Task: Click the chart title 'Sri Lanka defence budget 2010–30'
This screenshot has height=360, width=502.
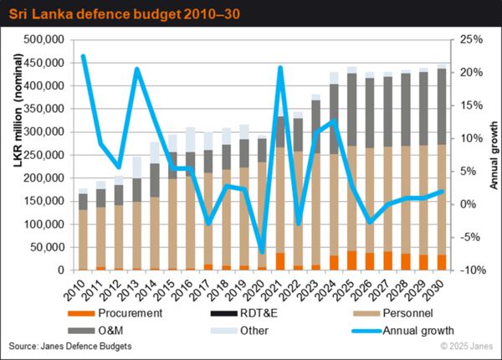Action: pos(124,14)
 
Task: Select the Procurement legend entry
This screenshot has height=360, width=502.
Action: pos(115,313)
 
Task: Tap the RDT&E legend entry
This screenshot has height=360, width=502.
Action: pos(244,313)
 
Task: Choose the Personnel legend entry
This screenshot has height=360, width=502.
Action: pos(393,313)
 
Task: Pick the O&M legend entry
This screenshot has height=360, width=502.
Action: pos(95,331)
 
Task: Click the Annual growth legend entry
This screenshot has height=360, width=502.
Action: pos(402,331)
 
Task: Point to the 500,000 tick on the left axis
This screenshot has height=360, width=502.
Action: pos(44,39)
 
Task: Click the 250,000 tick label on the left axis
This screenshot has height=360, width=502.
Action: pos(44,155)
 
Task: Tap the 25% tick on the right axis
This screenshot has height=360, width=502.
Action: pos(471,39)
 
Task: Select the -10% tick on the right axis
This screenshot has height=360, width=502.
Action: pos(473,270)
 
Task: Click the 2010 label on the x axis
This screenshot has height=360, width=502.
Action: pos(75,291)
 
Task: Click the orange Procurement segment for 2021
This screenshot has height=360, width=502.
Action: pos(280,261)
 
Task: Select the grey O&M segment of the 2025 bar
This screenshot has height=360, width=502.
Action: pos(352,110)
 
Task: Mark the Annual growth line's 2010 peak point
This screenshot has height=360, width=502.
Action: pos(83,57)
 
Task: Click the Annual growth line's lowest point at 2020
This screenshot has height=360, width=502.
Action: pos(262,252)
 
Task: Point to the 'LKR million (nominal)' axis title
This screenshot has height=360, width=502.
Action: pos(18,111)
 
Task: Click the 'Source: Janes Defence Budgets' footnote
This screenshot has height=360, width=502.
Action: pos(70,347)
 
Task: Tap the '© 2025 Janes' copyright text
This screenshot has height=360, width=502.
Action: pos(467,347)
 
